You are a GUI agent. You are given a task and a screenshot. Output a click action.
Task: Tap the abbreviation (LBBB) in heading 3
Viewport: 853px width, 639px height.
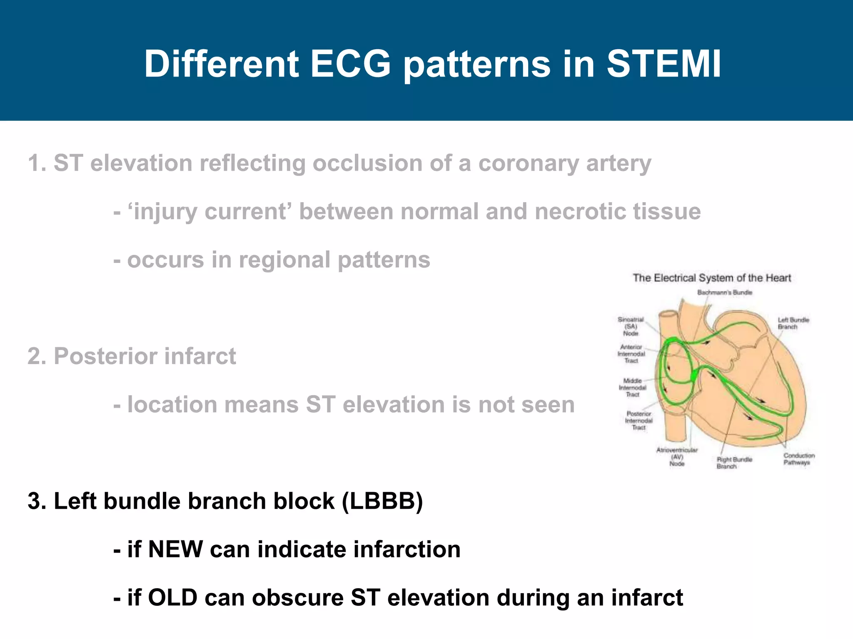click(382, 501)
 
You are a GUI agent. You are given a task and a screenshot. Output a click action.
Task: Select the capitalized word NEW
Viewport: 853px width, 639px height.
click(175, 549)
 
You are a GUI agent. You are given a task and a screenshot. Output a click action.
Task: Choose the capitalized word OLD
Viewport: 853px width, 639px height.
click(172, 597)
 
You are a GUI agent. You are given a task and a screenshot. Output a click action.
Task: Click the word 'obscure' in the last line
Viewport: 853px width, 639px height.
click(298, 597)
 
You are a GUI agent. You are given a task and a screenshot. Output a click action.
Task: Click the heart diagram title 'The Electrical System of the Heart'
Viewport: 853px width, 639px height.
click(711, 278)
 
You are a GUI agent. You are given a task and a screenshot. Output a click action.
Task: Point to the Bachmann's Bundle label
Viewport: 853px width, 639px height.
click(725, 292)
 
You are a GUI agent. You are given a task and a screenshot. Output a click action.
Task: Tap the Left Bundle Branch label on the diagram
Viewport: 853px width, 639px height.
click(793, 323)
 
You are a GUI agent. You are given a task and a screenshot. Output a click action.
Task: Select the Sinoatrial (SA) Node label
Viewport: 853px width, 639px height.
click(631, 326)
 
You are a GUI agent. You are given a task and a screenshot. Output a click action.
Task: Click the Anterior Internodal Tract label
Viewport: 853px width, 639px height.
click(631, 354)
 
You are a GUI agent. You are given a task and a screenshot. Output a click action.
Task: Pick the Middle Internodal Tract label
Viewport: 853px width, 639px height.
click(632, 387)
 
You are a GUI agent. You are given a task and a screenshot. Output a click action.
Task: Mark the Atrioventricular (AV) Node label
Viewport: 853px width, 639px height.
click(677, 456)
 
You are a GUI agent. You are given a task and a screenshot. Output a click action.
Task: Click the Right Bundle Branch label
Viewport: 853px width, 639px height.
click(734, 463)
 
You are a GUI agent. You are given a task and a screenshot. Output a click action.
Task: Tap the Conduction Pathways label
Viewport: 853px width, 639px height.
click(798, 459)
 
